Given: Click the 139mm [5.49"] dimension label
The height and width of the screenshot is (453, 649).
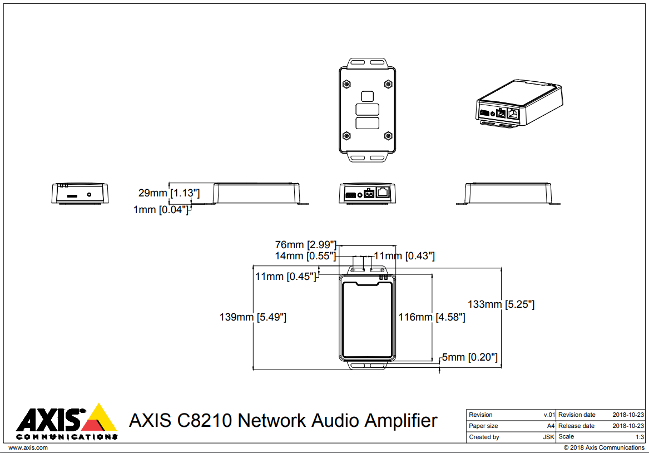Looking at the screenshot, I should (253, 317).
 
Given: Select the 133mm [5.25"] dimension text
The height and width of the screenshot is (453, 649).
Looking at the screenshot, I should (501, 304).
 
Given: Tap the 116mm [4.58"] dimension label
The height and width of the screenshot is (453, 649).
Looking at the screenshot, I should (432, 317).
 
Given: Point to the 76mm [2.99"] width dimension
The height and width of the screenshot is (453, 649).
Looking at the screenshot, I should (306, 244).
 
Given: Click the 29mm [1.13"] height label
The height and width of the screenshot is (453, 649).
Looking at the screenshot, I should (169, 193).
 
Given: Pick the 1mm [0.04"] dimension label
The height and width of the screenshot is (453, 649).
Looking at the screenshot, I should (161, 209).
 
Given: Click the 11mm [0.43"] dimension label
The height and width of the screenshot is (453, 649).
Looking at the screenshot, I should (404, 256).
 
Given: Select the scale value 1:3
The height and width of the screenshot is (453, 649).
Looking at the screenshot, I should (640, 437).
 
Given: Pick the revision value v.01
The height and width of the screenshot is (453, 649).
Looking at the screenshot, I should (549, 415).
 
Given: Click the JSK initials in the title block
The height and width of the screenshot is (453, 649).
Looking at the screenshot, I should (548, 437).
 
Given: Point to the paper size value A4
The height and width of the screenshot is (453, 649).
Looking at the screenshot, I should (551, 426).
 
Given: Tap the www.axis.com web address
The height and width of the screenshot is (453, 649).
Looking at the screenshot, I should (28, 447).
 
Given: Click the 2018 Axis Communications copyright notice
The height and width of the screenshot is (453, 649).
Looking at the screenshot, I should (604, 447).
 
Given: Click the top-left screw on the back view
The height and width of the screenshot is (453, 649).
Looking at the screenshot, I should (347, 83).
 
